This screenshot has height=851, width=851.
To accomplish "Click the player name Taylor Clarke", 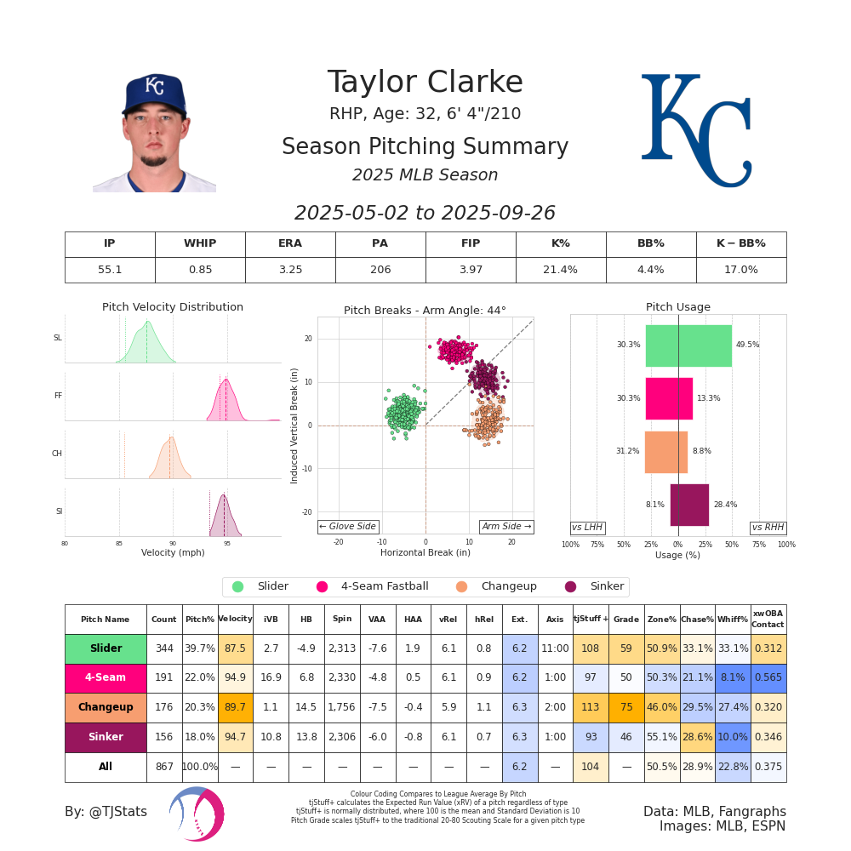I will point(425,83).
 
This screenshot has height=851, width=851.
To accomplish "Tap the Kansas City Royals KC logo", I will point(696,130).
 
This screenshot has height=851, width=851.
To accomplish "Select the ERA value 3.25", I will point(290,270).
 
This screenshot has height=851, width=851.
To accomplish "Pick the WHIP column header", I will point(200,244).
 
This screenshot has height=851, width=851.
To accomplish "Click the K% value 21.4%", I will point(561,270).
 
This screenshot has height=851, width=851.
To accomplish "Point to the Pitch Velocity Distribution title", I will point(173,307).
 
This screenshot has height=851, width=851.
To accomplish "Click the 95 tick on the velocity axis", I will point(227,543).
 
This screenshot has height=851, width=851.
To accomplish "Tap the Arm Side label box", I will point(506,527).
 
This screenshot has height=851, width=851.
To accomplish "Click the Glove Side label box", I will point(347,527).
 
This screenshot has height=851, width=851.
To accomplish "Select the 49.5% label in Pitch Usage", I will point(747,346).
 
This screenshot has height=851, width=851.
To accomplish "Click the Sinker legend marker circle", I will point(570,586).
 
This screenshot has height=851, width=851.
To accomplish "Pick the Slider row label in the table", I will point(106,648).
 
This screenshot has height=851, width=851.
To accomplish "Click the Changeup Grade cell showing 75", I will point(625,707).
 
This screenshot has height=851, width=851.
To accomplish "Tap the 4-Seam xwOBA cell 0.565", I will point(768,678).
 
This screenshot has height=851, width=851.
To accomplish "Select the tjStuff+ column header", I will point(590,619).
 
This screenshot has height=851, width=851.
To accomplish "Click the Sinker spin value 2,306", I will point(342,737).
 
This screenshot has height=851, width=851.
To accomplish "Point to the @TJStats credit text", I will point(106,812).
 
